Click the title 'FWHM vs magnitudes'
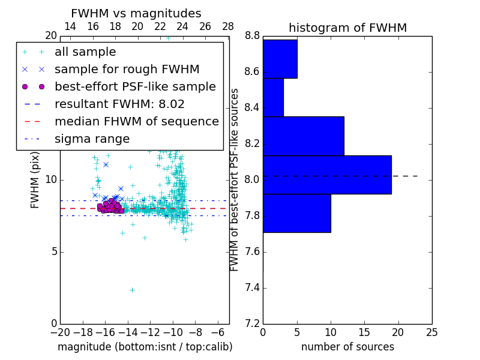136,14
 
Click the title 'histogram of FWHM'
347,28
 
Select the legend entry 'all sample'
85,52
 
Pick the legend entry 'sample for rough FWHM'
127,70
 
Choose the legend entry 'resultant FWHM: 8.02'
119,104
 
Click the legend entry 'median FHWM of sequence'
136,122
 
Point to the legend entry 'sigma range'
92,139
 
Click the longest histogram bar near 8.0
327,175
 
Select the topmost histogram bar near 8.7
280,59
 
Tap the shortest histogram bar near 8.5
273,97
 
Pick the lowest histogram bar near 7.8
296,213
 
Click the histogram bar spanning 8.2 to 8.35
303,136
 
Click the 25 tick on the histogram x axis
431,332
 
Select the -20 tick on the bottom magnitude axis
60,332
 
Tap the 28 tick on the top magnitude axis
228,26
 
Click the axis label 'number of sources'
347,347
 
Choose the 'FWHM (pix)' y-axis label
35,179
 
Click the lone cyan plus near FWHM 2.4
132,290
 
